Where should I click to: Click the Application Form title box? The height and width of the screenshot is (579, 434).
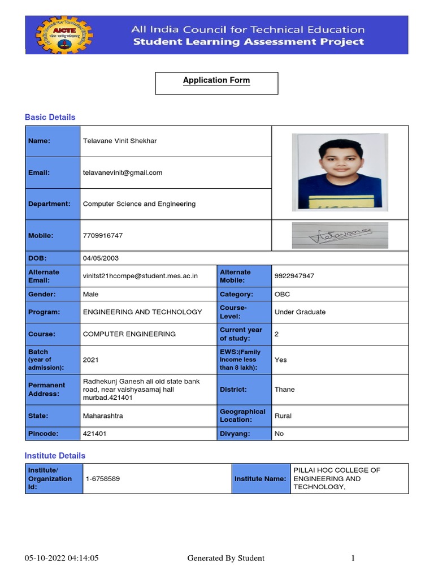point(216,83)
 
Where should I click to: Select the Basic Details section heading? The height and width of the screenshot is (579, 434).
point(50,117)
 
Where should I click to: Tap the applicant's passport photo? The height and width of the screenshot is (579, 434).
point(340,172)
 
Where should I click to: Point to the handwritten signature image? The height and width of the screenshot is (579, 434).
point(340,235)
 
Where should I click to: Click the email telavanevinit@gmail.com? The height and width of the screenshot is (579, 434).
point(123,172)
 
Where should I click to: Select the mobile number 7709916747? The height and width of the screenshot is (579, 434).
point(102,235)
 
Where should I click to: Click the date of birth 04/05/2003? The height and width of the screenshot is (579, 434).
point(101,258)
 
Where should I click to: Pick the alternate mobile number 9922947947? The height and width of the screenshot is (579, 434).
point(294,276)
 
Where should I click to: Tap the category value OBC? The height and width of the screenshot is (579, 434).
point(282,295)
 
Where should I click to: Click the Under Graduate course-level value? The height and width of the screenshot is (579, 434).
point(300,312)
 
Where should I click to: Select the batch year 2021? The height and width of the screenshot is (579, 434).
point(90,360)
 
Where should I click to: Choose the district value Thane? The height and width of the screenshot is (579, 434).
point(284,390)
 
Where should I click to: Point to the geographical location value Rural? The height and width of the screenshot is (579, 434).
point(283,416)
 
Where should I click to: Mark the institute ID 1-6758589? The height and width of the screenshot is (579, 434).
point(102,479)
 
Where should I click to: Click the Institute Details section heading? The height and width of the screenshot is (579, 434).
point(55,455)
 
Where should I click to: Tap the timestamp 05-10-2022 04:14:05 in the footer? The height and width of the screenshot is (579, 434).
point(62,558)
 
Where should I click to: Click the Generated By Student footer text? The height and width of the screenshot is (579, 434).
point(225,558)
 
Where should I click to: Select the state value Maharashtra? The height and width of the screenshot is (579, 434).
point(103,416)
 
